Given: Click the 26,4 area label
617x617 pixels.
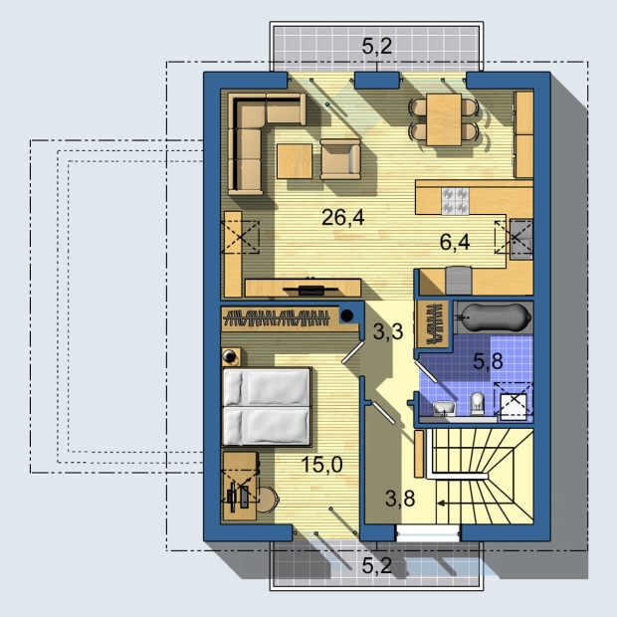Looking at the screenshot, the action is pos(342,217).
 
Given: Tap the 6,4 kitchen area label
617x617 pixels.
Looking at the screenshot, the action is pos(455,242).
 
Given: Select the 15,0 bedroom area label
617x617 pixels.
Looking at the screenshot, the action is pos(321,465).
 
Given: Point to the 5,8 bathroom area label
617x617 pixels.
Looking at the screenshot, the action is pos(488,361).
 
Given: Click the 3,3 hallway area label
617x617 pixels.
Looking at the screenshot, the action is pos(388,331).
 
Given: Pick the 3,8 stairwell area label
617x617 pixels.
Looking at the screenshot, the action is pos(400,499).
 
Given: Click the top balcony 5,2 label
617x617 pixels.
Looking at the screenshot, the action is pos(377,47).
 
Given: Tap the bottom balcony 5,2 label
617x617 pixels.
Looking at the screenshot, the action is pos(377,566).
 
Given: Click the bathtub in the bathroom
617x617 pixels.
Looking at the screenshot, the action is pos(493,317).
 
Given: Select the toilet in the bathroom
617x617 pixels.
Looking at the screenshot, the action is pos(478,403).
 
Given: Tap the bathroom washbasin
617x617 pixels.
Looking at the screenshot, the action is pos(445,408).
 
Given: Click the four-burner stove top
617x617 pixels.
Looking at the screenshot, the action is pos(455,201).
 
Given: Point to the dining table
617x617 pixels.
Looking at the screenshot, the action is pos(444,119).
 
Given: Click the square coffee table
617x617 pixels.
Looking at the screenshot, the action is pos(295,161).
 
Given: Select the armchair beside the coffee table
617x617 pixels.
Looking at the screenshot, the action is pos(340,159).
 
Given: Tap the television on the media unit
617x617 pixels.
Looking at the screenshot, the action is pos(310,290).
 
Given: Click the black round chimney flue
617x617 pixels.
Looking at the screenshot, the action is pos(346,314).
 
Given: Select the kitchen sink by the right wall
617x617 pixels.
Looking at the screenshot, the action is pos(521,239).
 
